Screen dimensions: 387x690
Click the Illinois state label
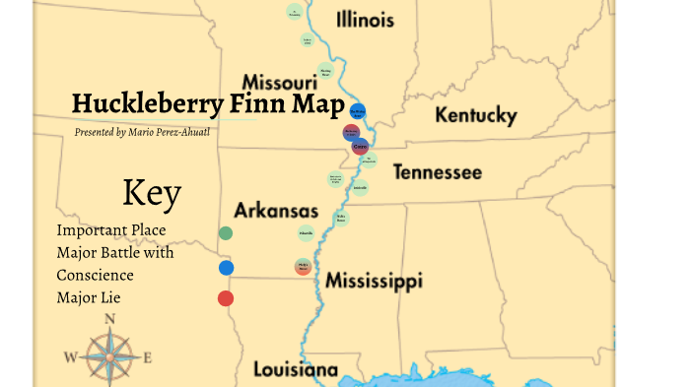(365, 21)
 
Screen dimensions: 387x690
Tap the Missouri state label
(279, 81)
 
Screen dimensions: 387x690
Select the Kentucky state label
(476, 116)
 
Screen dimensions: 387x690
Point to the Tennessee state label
(438, 173)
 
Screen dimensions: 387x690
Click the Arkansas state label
(276, 212)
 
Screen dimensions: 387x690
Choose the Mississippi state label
(375, 282)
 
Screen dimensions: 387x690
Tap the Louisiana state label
(296, 370)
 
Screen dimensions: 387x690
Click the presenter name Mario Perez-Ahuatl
(182, 131)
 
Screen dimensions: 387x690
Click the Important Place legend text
(111, 230)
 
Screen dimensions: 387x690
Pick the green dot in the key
(226, 233)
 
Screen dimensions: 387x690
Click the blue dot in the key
(226, 267)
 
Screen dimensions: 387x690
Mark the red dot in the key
(226, 298)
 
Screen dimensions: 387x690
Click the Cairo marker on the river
(360, 147)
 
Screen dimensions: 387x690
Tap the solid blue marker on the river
(359, 110)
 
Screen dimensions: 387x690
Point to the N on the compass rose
(110, 318)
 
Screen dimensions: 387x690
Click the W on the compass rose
(70, 356)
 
